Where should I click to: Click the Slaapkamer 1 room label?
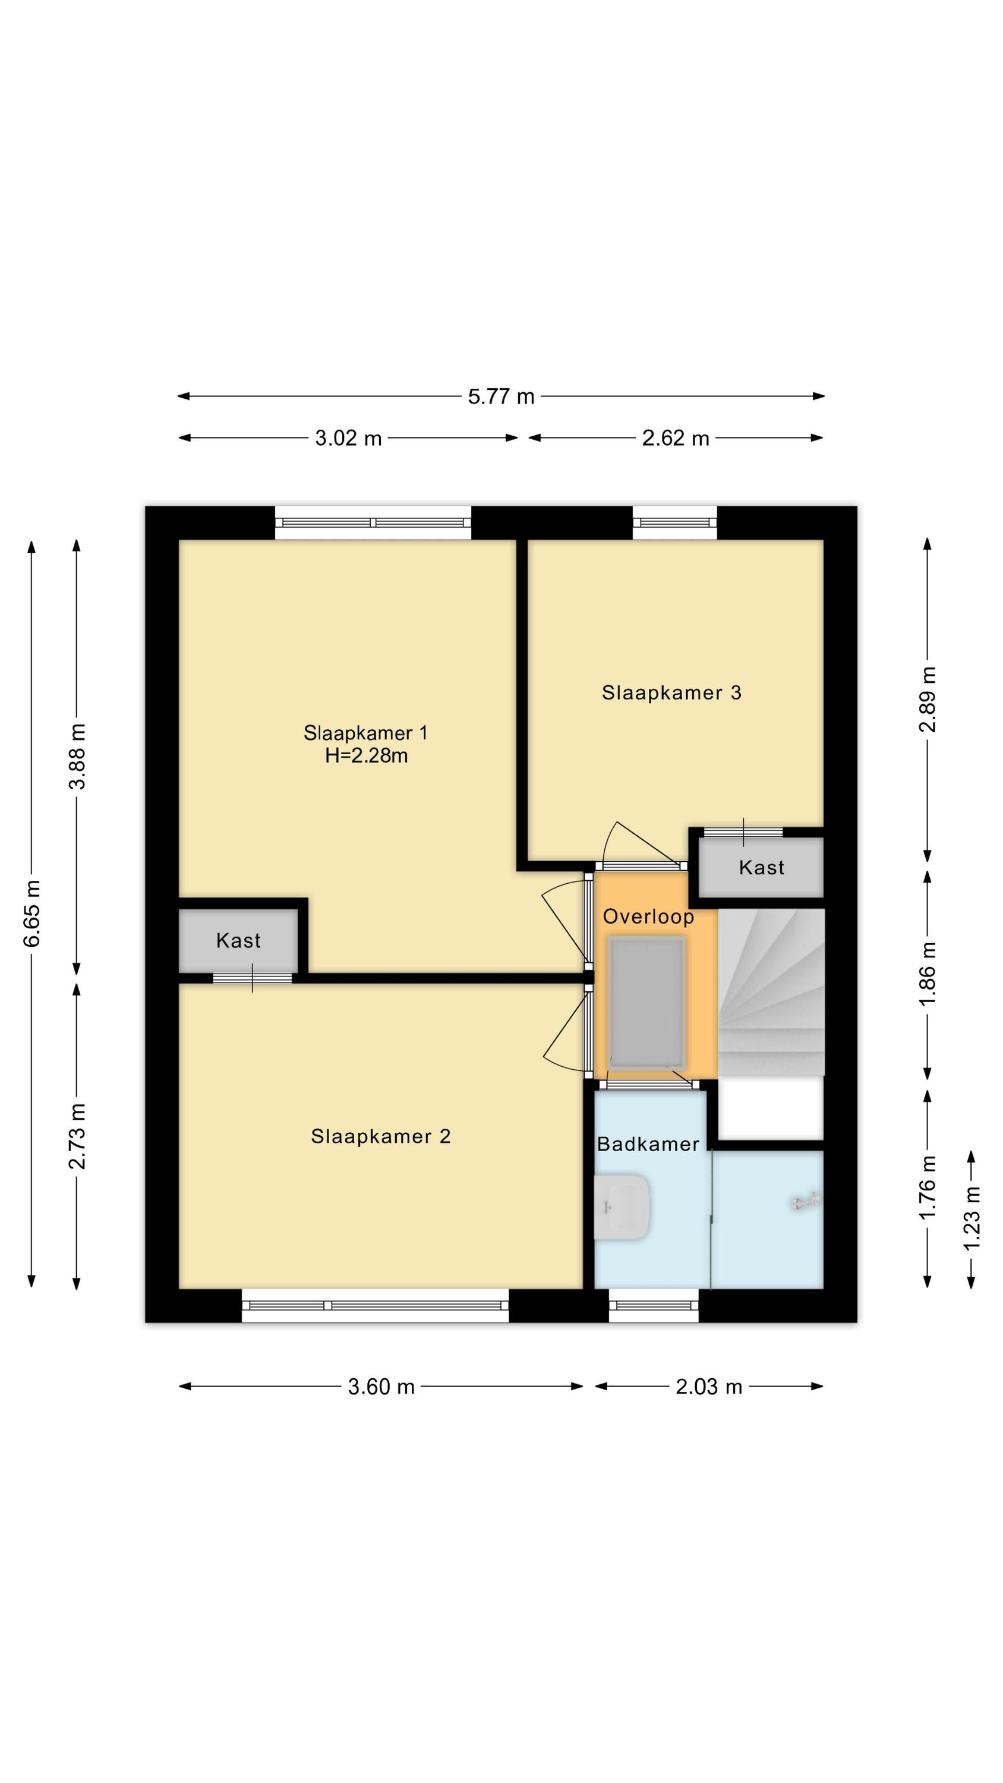click(x=365, y=733)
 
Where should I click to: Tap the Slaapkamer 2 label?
click(x=381, y=1136)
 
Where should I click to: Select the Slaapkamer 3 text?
click(x=671, y=693)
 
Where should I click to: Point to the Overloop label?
click(x=648, y=917)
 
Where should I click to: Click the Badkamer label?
click(x=648, y=1144)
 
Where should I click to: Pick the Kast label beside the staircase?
click(x=761, y=868)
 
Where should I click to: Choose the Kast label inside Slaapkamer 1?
click(x=238, y=941)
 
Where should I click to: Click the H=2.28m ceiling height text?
click(x=366, y=756)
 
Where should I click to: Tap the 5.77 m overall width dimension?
click(x=501, y=396)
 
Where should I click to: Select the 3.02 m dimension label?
click(x=348, y=438)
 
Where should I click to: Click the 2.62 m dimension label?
click(x=676, y=438)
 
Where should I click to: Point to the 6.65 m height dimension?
click(x=31, y=913)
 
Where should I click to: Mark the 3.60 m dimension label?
click(x=381, y=1387)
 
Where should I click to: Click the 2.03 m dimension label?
click(x=709, y=1387)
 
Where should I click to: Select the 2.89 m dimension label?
click(x=928, y=699)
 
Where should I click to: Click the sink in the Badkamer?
click(x=622, y=1207)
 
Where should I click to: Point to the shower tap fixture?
click(x=805, y=1202)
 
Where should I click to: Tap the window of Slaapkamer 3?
click(x=675, y=523)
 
